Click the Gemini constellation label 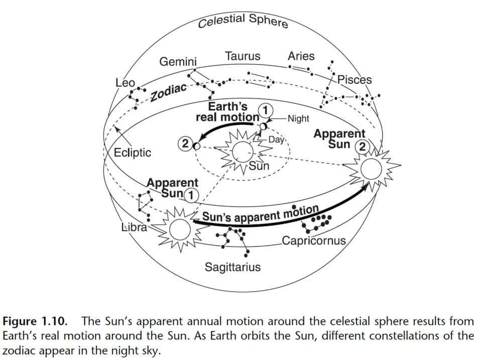pyautogui.click(x=178, y=62)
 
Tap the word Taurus pyautogui.click(x=243, y=56)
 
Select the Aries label pyautogui.click(x=301, y=56)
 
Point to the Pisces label pyautogui.click(x=354, y=80)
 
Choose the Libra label pyautogui.click(x=135, y=227)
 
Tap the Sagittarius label pyautogui.click(x=232, y=267)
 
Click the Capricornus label pyautogui.click(x=314, y=241)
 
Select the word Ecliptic pyautogui.click(x=132, y=152)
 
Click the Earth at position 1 pyautogui.click(x=263, y=127)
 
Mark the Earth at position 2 pyautogui.click(x=196, y=146)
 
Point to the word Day pyautogui.click(x=276, y=140)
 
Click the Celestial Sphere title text pyautogui.click(x=243, y=21)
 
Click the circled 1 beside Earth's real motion pyautogui.click(x=266, y=110)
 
